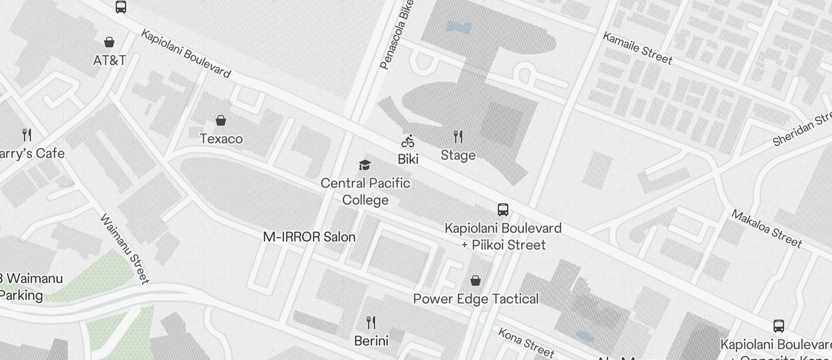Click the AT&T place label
(109, 60)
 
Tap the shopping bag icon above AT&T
(109, 42)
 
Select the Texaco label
(221, 139)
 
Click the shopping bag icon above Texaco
(221, 120)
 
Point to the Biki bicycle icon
(408, 141)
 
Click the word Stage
(458, 155)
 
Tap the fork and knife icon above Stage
(458, 137)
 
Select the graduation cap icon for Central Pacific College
(365, 165)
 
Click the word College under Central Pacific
(365, 200)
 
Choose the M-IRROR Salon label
(309, 237)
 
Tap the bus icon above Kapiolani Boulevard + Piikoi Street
(502, 209)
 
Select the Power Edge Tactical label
(476, 299)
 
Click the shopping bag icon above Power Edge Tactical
(476, 281)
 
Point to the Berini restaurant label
(371, 340)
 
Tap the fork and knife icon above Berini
(370, 322)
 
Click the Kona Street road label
(525, 341)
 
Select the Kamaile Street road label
(637, 48)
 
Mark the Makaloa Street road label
(765, 228)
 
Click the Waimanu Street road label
(125, 249)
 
